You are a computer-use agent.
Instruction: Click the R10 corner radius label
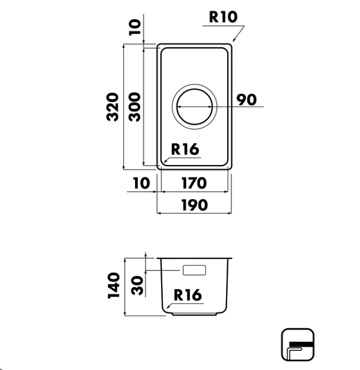point(223,16)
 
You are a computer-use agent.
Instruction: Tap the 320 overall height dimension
point(113,107)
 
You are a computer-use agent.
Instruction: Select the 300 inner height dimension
point(134,107)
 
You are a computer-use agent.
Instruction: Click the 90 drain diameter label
point(246,100)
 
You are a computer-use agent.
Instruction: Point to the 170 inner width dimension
point(194,183)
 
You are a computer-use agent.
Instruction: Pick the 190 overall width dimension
point(194,205)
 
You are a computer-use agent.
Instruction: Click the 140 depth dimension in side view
point(113,286)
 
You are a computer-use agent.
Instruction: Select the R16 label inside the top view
point(184,149)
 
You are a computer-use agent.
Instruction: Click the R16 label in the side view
point(187,295)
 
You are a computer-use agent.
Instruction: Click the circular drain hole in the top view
point(195,108)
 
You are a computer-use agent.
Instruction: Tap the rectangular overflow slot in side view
point(194,270)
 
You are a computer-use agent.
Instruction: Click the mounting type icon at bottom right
point(297,345)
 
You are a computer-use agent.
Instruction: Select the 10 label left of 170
point(141,183)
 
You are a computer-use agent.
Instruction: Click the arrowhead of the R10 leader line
point(233,41)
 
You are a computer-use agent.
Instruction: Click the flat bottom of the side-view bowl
point(194,314)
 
